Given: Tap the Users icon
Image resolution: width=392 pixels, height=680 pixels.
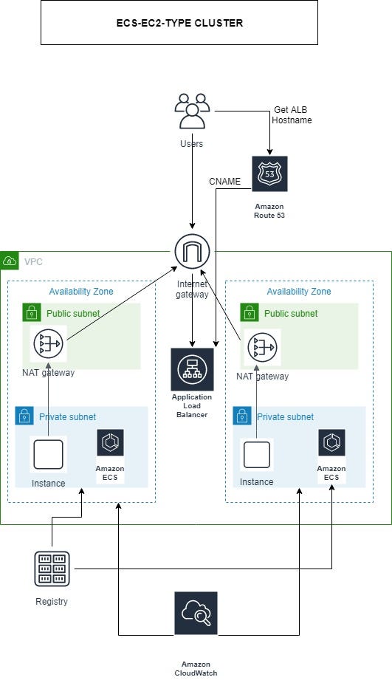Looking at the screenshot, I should [x=192, y=112].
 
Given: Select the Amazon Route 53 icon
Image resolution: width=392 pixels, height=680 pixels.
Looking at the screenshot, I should [x=269, y=174].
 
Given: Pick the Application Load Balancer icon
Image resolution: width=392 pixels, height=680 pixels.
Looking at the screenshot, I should [x=192, y=368].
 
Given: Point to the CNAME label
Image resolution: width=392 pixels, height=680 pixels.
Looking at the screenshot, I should [x=224, y=181].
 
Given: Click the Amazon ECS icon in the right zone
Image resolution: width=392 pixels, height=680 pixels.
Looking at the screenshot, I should [x=331, y=442].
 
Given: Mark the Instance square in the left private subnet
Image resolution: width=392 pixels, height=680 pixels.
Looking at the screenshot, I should [x=49, y=454].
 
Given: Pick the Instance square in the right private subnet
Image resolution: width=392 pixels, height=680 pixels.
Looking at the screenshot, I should [x=257, y=454].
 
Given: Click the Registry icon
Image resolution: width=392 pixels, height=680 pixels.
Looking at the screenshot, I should [x=52, y=569].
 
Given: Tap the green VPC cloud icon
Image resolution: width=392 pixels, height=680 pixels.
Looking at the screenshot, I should [x=10, y=261].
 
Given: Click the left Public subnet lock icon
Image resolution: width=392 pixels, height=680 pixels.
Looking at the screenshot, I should [x=31, y=313].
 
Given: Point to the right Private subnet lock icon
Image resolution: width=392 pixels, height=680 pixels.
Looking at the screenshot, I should [x=242, y=416].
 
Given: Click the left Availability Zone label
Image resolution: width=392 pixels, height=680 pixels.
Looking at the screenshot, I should [x=80, y=292].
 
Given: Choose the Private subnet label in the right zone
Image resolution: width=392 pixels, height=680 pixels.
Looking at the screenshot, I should [x=285, y=417].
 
